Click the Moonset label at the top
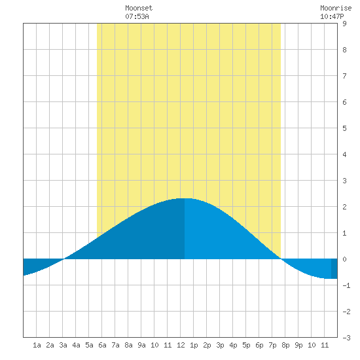(x=139, y=8)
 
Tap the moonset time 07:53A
(x=137, y=16)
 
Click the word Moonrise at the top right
(x=336, y=8)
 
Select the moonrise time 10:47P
(x=332, y=16)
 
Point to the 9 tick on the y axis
(x=344, y=24)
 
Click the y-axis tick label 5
(x=344, y=128)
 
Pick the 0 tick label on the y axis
(x=344, y=259)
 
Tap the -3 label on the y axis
(x=346, y=338)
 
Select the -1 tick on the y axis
(x=346, y=285)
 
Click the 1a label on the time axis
(x=37, y=345)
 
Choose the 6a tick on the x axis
(x=102, y=345)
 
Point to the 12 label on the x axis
(x=181, y=345)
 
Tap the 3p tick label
(x=220, y=345)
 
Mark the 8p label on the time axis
(x=285, y=345)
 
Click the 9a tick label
(x=141, y=345)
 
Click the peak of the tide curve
(x=185, y=198)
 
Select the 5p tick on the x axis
(x=246, y=345)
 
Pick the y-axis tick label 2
(x=344, y=207)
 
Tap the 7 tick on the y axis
(x=344, y=76)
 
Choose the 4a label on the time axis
(x=76, y=345)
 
